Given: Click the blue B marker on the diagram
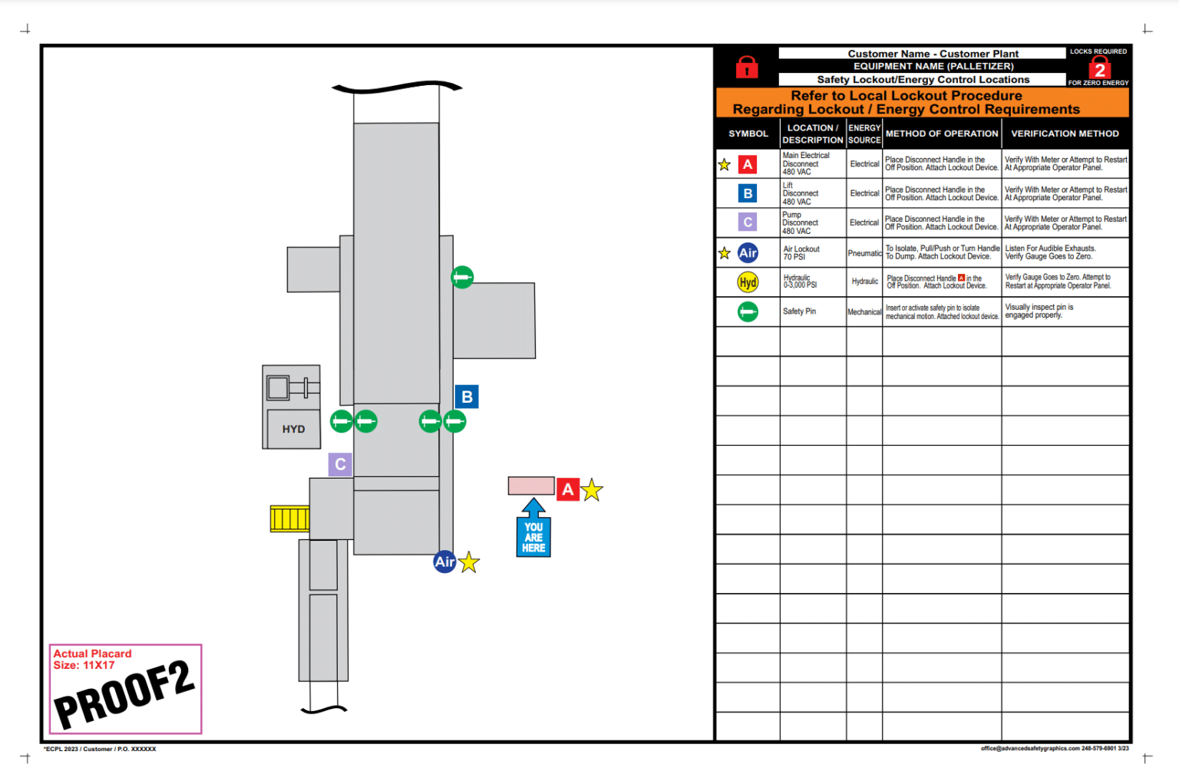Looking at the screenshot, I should click(467, 397).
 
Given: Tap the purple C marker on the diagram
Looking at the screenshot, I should click(340, 464).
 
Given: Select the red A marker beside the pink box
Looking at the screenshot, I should click(567, 489).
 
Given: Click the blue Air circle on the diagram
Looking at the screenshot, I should click(444, 562).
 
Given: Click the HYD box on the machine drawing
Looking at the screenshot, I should click(293, 429).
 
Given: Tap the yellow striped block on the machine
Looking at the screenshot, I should click(289, 519).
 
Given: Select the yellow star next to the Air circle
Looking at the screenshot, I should click(469, 562).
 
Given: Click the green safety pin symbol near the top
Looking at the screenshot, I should click(462, 277).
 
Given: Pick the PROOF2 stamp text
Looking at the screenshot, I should click(125, 693).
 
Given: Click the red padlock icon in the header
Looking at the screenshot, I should click(747, 68).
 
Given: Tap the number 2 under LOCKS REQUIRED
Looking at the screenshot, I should click(1099, 70).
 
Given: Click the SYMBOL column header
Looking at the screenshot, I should click(748, 133).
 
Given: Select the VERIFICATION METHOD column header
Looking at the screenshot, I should click(1065, 133).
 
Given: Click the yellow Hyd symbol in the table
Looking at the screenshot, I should click(748, 282).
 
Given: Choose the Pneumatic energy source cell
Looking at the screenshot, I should click(864, 253).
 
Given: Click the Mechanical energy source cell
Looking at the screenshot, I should click(864, 312).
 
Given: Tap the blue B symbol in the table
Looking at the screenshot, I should click(748, 193).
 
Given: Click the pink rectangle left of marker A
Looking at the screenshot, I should click(530, 486).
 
